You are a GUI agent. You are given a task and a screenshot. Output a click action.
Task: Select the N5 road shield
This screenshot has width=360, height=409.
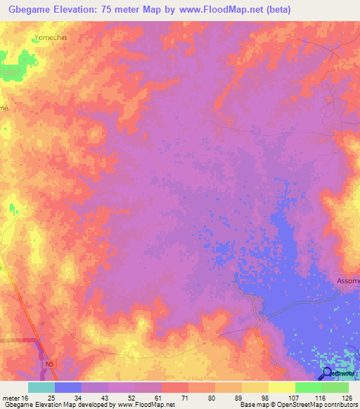coord(49,365)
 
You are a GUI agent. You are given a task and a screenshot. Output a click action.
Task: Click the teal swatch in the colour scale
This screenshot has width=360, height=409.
coord(41,387)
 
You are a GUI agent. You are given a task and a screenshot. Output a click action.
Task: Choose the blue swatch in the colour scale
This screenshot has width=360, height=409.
coord(67,387)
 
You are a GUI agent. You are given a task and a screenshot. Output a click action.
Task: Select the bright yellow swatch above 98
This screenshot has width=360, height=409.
coord(281,387)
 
